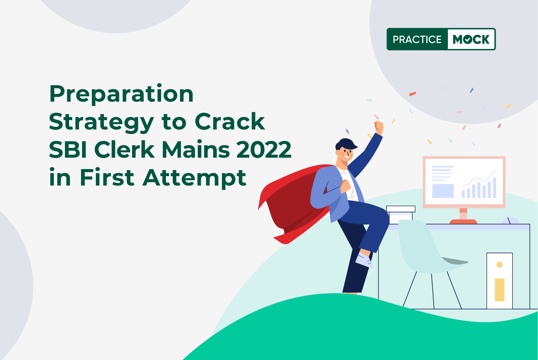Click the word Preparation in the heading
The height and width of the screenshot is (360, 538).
[121, 94]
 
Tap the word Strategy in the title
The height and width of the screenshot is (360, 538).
[101, 122]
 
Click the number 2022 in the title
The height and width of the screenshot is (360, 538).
[264, 150]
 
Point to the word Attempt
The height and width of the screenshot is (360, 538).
[194, 178]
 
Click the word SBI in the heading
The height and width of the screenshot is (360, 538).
[68, 150]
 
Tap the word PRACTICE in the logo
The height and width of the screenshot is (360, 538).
[417, 39]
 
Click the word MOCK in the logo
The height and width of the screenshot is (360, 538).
[471, 39]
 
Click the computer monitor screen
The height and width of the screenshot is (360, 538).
[464, 182]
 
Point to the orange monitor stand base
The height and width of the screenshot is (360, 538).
[463, 221]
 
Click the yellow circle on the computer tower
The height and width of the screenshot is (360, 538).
[499, 265]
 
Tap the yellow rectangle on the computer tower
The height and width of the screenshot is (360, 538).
[499, 290]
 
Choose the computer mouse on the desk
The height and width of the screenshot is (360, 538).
[511, 221]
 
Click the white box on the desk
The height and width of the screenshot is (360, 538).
[401, 215]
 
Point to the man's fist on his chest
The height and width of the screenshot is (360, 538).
[346, 186]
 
